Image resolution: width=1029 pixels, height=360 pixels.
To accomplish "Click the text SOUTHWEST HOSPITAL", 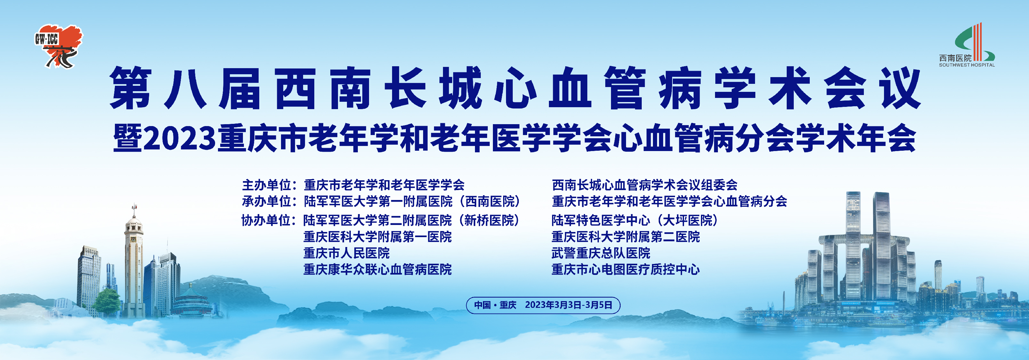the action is pyautogui.click(x=967, y=65).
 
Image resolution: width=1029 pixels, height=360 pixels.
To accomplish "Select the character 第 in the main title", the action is pyautogui.click(x=131, y=88).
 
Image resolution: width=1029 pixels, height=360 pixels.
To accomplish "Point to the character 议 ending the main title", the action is pyautogui.click(x=901, y=88).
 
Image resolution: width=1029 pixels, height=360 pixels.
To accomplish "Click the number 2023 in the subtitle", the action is pyautogui.click(x=179, y=138).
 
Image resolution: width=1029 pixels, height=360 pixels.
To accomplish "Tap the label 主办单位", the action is pyautogui.click(x=266, y=185).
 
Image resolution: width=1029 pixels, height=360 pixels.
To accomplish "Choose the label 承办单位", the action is pyautogui.click(x=266, y=201).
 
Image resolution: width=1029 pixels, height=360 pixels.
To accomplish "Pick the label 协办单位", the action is pyautogui.click(x=266, y=220).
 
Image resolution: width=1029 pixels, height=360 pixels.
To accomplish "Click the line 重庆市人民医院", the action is pyautogui.click(x=346, y=253).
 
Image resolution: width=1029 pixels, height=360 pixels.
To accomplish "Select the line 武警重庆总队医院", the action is pyautogui.click(x=601, y=253).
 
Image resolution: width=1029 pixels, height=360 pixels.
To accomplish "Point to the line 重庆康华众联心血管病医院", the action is pyautogui.click(x=377, y=269).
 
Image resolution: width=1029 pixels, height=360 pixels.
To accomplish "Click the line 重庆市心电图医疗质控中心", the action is pyautogui.click(x=625, y=269).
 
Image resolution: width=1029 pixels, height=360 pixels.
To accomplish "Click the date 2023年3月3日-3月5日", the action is pyautogui.click(x=568, y=305).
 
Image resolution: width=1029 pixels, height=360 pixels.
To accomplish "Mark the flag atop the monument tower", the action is pyautogui.click(x=135, y=207).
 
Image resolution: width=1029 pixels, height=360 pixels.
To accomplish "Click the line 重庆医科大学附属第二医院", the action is pyautogui.click(x=625, y=236).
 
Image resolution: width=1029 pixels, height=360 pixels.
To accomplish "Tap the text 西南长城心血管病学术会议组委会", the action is pyautogui.click(x=645, y=185).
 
